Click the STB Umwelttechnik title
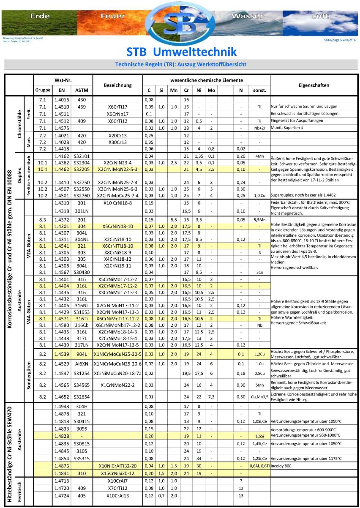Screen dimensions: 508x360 [182, 52]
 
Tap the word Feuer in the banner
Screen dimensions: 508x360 [113, 16]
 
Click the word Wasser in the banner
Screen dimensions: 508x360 [248, 16]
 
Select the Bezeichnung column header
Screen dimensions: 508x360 [118, 85]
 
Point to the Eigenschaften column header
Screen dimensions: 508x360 [314, 85]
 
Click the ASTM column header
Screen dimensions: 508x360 [82, 90]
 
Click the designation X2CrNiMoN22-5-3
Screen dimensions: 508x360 [118, 169]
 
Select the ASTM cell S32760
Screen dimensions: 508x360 [82, 196]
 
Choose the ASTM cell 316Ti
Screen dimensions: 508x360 [82, 319]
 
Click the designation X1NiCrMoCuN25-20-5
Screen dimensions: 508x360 [118, 354]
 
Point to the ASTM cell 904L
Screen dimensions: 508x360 [82, 354]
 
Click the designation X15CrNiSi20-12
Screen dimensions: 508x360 [118, 473]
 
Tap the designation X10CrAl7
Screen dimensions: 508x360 [118, 481]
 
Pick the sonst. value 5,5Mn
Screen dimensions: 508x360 [259, 220]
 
